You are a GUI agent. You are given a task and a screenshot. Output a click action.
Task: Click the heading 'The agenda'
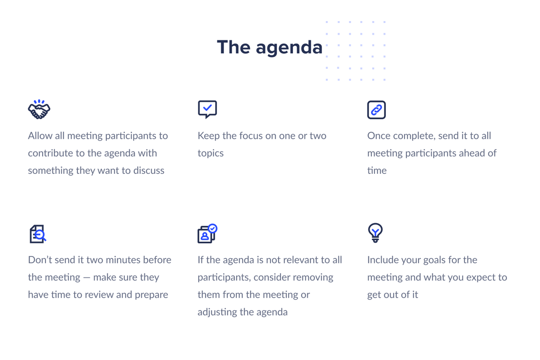point(270,47)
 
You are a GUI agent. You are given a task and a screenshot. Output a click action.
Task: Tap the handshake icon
point(39,109)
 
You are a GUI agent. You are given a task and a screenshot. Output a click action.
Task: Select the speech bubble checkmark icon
point(207,109)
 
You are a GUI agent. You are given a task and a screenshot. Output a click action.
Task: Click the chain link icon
point(376,110)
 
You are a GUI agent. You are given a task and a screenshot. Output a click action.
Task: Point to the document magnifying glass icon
point(38,234)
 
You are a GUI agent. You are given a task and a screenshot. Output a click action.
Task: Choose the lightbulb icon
point(375,232)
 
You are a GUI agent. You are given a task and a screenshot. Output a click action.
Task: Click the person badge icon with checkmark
point(207,233)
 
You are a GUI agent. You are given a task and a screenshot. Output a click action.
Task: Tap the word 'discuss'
point(149,171)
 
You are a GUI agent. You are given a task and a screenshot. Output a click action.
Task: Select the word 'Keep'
point(208,136)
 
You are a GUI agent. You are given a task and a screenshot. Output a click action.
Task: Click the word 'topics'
point(210,153)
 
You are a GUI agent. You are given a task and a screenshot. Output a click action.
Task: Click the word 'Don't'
point(40,260)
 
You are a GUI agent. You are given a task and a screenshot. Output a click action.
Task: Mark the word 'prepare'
point(150,295)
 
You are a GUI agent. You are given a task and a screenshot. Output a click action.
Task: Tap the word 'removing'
point(311,277)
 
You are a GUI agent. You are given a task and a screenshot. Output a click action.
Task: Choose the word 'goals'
point(435,260)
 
